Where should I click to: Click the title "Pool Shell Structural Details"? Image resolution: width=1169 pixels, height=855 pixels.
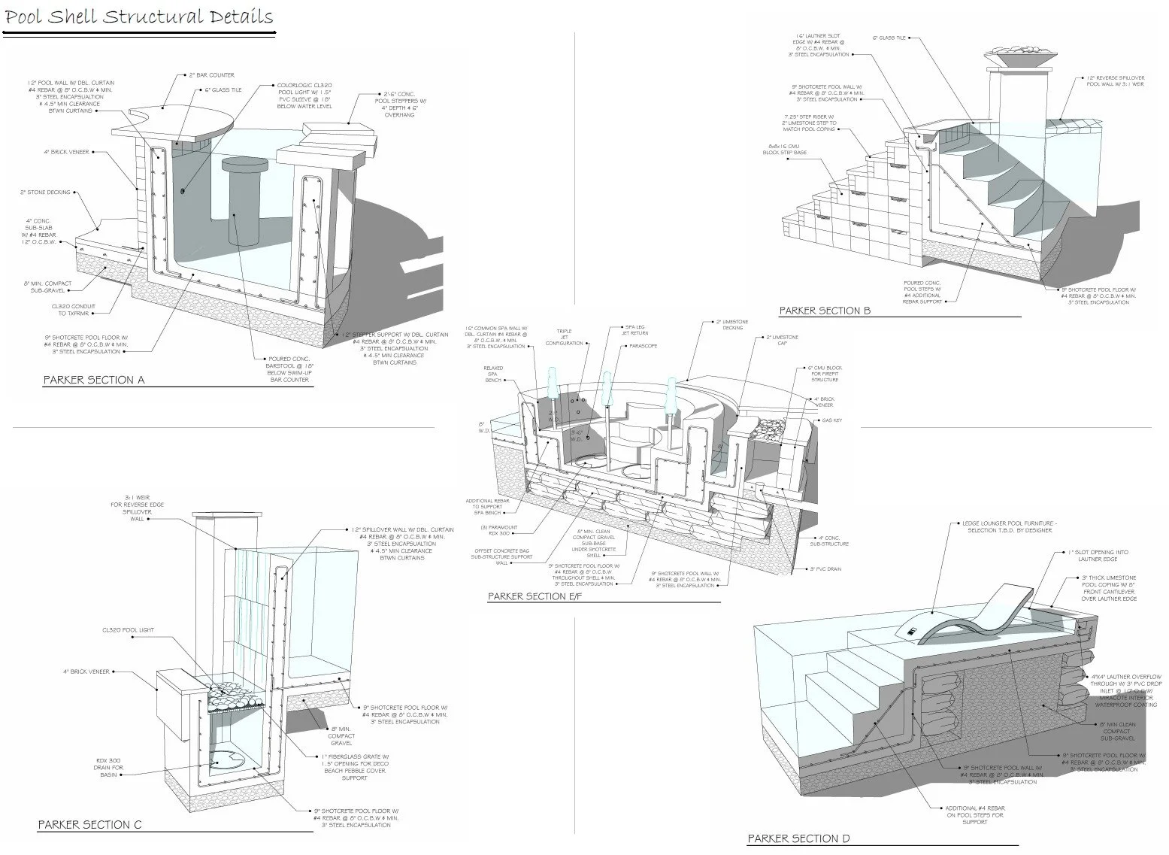click(x=139, y=17)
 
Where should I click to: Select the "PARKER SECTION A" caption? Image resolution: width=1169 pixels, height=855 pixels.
click(x=93, y=380)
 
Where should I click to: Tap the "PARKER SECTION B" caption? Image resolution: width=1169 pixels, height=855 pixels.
click(x=825, y=311)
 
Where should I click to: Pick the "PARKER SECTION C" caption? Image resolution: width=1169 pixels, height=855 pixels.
click(x=89, y=825)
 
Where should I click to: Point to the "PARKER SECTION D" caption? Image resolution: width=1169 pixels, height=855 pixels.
click(x=798, y=838)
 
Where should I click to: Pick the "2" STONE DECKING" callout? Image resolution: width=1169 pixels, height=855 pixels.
click(x=45, y=193)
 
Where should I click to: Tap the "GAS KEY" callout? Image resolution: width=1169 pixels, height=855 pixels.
click(x=831, y=420)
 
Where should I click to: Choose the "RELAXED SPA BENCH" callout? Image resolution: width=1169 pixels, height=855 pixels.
click(x=493, y=374)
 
